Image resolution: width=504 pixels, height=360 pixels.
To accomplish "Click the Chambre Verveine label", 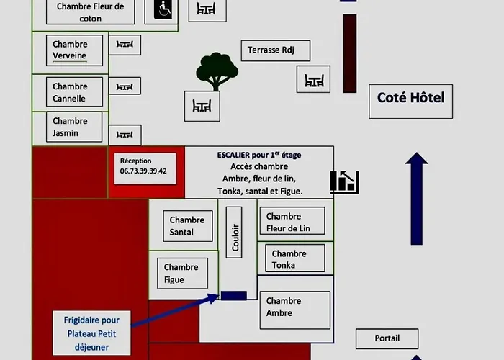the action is pyautogui.click(x=74, y=50).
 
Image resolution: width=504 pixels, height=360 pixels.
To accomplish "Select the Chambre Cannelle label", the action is pyautogui.click(x=74, y=92).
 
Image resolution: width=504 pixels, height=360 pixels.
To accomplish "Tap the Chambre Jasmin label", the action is pyautogui.click(x=74, y=127).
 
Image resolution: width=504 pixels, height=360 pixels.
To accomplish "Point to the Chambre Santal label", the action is pyautogui.click(x=188, y=226).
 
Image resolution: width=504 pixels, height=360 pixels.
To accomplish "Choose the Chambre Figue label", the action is pyautogui.click(x=182, y=273).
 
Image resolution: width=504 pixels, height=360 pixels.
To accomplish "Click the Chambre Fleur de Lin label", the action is pyautogui.click(x=292, y=221).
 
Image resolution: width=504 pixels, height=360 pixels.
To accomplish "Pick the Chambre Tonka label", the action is pyautogui.click(x=295, y=258).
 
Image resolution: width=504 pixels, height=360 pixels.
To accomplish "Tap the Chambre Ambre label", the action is pyautogui.click(x=294, y=310).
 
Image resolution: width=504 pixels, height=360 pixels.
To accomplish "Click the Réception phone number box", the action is pyautogui.click(x=145, y=168).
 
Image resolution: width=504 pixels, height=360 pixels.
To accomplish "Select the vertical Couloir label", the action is pyautogui.click(x=234, y=233).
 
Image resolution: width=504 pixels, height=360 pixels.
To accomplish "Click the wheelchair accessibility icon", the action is pyautogui.click(x=163, y=9).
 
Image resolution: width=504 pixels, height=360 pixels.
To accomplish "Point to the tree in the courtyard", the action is pyautogui.click(x=217, y=71).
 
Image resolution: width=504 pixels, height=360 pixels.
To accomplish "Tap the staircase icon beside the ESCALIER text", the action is pyautogui.click(x=345, y=182).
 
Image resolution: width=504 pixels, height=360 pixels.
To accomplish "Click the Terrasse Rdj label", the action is pyautogui.click(x=276, y=50).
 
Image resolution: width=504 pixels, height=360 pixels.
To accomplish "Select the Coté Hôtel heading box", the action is pyautogui.click(x=411, y=102).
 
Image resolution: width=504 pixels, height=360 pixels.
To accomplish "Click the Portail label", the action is pyautogui.click(x=387, y=339).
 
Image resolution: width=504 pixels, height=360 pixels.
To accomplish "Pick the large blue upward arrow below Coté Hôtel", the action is pyautogui.click(x=417, y=199).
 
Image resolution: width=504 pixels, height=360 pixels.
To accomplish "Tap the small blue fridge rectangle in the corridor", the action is pyautogui.click(x=234, y=295).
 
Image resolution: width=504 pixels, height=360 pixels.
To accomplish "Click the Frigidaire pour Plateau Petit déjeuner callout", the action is pyautogui.click(x=91, y=333).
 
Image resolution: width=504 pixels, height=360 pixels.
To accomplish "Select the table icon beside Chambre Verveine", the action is pyautogui.click(x=125, y=45).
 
